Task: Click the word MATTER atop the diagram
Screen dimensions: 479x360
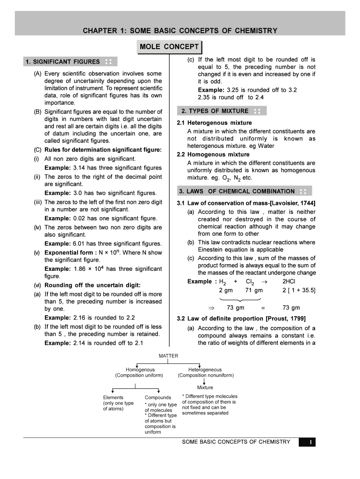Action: (x=168, y=356)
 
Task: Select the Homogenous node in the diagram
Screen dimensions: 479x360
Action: (x=139, y=370)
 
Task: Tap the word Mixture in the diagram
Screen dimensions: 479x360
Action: (x=205, y=387)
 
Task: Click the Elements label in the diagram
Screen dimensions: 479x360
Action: (x=113, y=398)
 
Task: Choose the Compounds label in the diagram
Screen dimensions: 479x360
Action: (x=158, y=398)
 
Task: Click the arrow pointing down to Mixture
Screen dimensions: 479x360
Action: (x=205, y=380)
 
